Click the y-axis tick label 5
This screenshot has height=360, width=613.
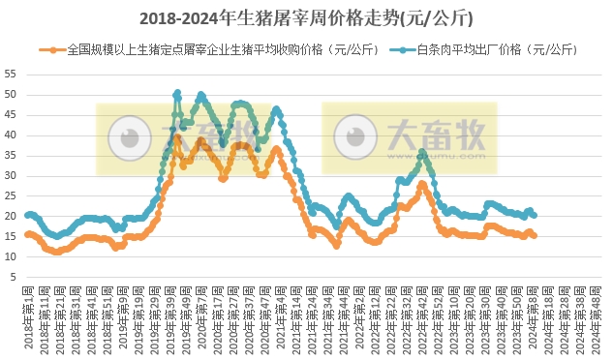13,277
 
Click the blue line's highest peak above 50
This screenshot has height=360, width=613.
177,94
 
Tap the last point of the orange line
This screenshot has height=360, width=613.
534,235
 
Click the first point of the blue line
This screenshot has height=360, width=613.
27,215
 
